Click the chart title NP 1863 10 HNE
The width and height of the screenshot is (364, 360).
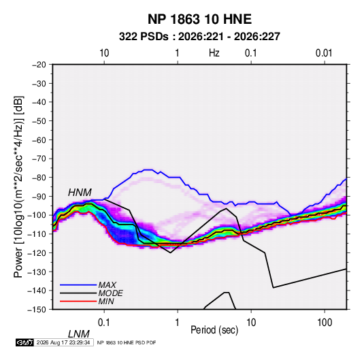click(199, 19)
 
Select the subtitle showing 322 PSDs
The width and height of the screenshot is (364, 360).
click(199, 37)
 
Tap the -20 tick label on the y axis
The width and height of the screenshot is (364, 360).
click(39, 65)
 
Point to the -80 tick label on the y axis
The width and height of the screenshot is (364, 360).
click(39, 178)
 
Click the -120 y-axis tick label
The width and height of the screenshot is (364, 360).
click(37, 252)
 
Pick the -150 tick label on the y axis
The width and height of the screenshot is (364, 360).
click(37, 310)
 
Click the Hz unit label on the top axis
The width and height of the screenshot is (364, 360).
click(214, 53)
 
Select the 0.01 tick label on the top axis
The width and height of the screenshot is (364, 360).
click(324, 53)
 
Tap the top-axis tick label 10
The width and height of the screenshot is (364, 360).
click(104, 53)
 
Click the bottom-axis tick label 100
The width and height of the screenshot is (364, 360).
click(325, 323)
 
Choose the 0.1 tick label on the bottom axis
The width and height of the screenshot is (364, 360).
click(104, 323)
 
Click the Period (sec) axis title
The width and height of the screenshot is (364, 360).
click(214, 330)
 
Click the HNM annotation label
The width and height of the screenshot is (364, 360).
click(80, 193)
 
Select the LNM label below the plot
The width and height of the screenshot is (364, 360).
click(79, 334)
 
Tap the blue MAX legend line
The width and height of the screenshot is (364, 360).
click(78, 285)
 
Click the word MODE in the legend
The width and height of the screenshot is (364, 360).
click(110, 293)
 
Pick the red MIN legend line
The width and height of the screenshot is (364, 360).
click(78, 301)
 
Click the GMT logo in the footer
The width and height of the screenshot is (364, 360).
click(25, 342)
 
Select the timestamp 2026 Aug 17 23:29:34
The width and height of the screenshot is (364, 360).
click(63, 342)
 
